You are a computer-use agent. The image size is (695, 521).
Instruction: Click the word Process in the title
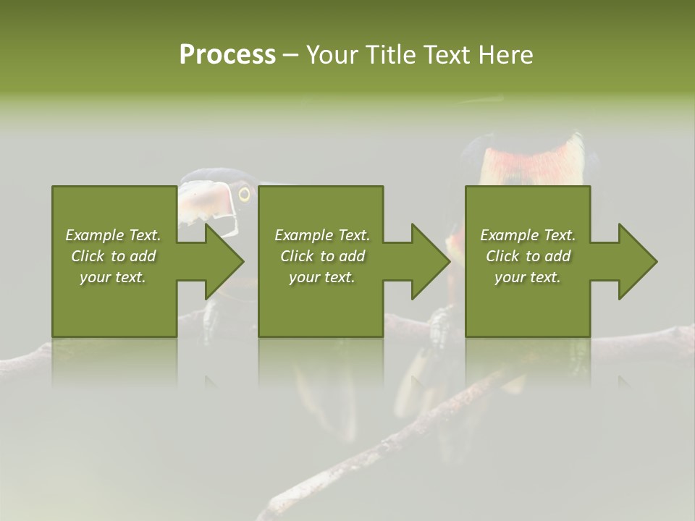click(x=227, y=55)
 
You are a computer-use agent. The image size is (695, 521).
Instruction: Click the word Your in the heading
click(x=333, y=55)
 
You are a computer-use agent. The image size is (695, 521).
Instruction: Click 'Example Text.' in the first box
click(x=113, y=235)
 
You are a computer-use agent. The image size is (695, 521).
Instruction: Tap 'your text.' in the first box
click(x=113, y=277)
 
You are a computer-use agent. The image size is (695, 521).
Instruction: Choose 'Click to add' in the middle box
click(x=322, y=256)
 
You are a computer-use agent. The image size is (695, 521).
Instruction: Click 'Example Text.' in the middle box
click(x=322, y=235)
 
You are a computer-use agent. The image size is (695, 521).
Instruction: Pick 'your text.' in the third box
click(x=528, y=277)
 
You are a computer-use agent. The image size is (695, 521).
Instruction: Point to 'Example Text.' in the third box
click(x=528, y=235)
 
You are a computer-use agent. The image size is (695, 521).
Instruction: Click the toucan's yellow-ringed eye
click(x=244, y=194)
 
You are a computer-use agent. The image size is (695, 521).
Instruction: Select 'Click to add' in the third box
click(x=528, y=256)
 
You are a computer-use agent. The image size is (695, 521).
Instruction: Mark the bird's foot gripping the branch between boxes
click(x=439, y=326)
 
